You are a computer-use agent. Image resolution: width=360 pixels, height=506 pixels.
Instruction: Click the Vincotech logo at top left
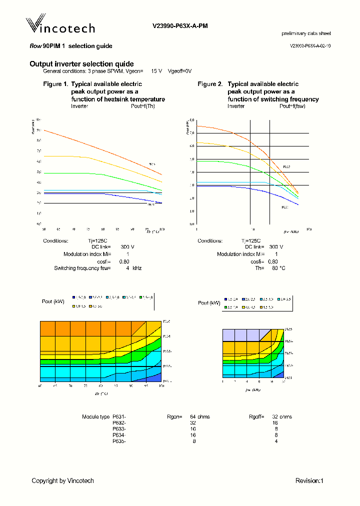60,25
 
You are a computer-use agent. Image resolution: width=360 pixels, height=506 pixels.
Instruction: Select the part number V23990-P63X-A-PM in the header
180,25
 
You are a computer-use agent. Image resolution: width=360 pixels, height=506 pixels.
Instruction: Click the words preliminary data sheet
306,33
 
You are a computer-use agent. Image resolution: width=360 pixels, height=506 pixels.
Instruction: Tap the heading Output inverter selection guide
81,64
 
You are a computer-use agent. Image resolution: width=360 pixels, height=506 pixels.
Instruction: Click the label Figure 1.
55,84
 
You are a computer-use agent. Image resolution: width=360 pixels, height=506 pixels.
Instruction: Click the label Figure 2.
210,84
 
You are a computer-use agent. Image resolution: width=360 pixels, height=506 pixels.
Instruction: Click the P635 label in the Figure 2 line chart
286,167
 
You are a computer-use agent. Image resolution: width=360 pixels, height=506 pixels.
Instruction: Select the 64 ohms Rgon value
199,416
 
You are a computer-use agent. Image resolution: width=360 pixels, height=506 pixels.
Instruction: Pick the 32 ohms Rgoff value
281,416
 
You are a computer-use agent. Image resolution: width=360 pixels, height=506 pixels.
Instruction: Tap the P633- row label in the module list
119,429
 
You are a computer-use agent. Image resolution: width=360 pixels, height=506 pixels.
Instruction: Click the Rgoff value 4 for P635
275,441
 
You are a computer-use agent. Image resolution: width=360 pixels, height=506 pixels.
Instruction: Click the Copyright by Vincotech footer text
62,480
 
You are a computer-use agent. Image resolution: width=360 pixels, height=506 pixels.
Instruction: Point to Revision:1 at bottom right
309,480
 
